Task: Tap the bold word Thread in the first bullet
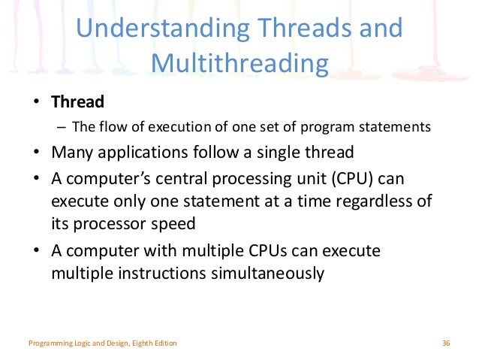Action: point(77,101)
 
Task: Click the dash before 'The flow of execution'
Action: point(61,127)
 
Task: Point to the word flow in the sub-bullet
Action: point(110,127)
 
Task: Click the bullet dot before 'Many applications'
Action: point(36,153)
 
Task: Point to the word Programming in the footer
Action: point(49,343)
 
